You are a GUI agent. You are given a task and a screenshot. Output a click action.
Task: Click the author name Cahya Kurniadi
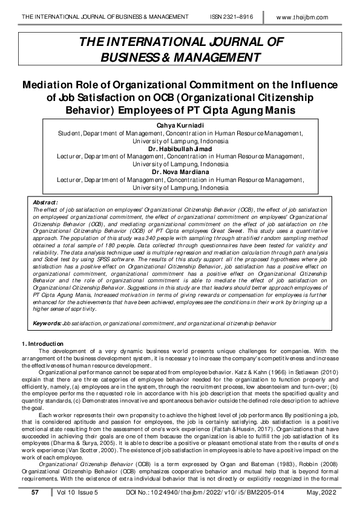point(180,125)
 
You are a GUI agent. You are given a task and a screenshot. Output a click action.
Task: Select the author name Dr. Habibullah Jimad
point(180,148)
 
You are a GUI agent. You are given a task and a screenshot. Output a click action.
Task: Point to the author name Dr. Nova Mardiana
point(180,172)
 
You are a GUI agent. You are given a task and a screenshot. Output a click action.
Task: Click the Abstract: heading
point(45,202)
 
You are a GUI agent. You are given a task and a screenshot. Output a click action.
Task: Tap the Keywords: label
point(47,324)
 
